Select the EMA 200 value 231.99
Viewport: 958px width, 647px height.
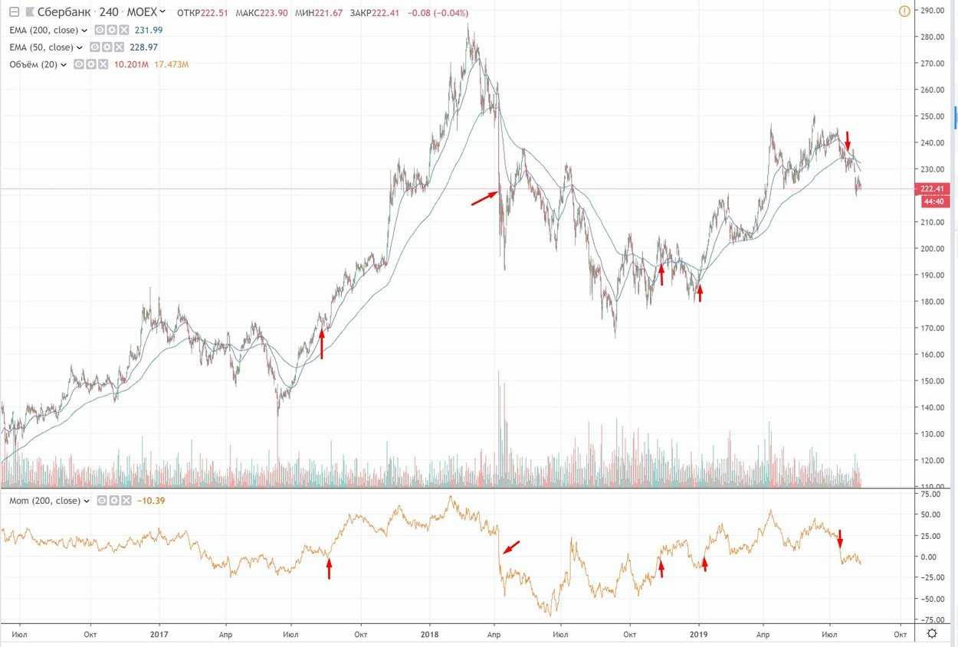pos(147,30)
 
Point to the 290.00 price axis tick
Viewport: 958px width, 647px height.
pos(932,10)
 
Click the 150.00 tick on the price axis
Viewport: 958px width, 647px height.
pos(932,381)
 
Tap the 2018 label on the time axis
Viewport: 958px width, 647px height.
pos(430,634)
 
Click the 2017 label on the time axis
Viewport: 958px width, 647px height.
pos(159,634)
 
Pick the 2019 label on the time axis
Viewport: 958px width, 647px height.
pos(699,634)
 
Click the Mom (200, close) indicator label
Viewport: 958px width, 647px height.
pos(44,501)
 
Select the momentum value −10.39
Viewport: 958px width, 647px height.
pos(150,501)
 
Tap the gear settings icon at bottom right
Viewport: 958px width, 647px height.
pos(932,633)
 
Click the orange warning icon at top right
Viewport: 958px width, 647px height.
pos(904,11)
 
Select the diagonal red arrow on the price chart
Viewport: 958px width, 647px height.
pos(484,198)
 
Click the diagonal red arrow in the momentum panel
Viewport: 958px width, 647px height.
pos(511,547)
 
